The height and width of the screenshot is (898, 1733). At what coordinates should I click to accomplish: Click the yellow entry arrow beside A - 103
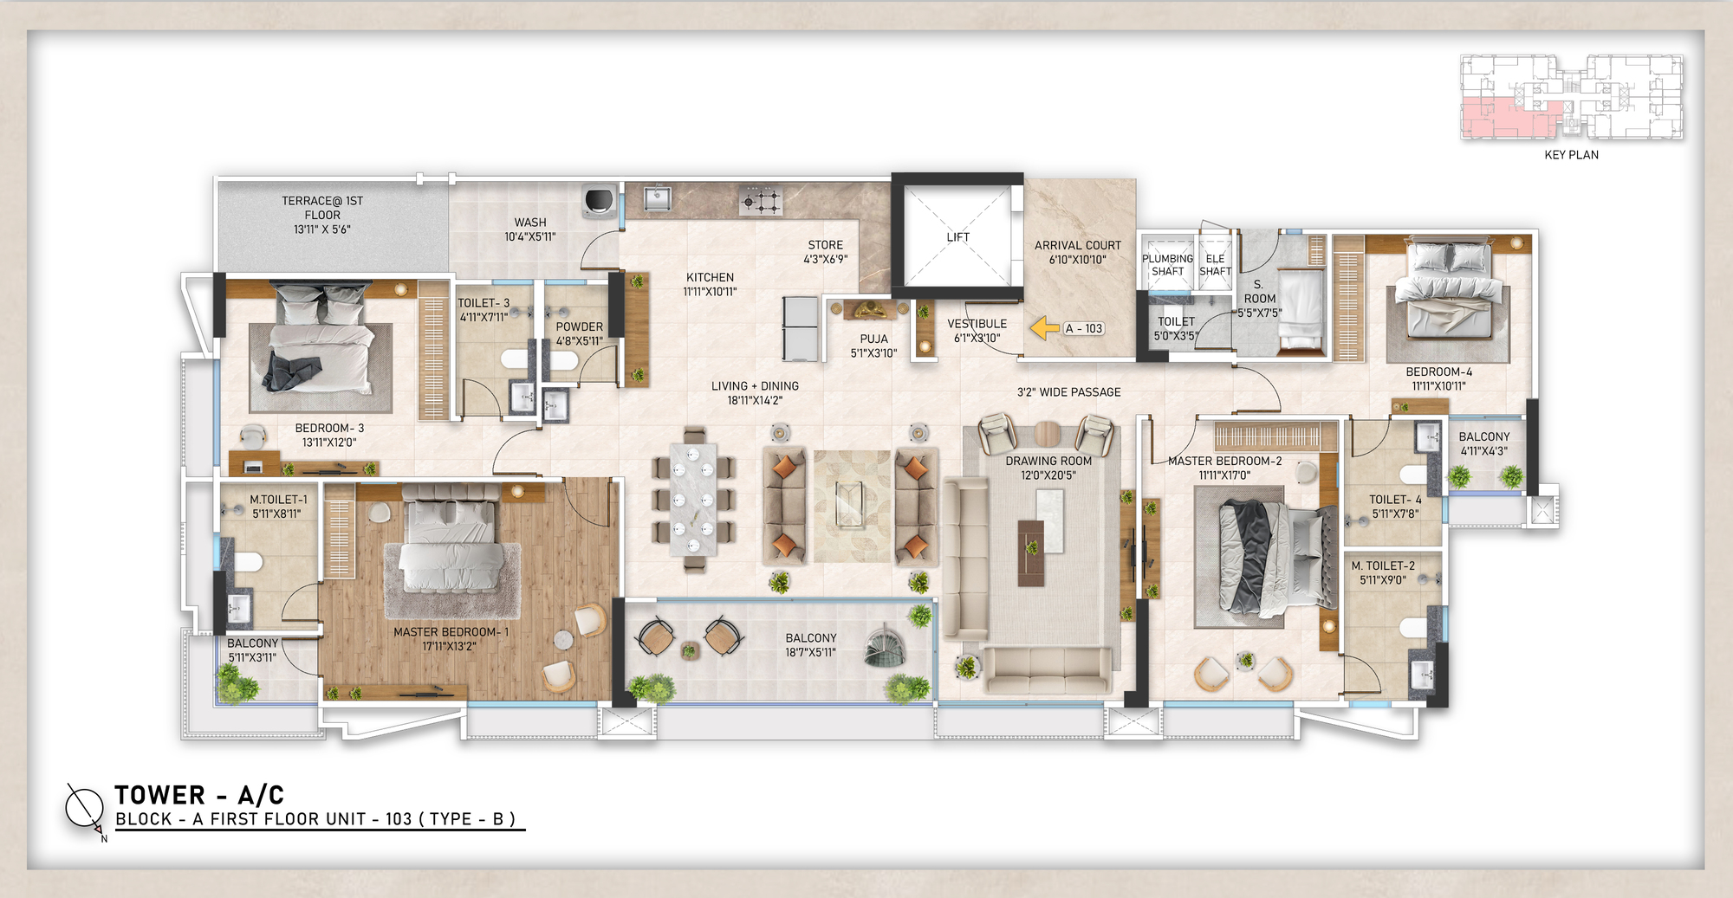[x=1045, y=328]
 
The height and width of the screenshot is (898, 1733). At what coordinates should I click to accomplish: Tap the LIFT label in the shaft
[x=957, y=237]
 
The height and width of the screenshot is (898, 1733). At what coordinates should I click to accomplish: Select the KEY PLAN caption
[x=1571, y=155]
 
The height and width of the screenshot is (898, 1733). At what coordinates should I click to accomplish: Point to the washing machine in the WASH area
[x=599, y=201]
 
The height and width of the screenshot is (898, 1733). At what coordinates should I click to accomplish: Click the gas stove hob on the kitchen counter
[x=761, y=201]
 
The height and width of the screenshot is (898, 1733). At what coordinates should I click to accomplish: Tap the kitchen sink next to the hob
[x=658, y=199]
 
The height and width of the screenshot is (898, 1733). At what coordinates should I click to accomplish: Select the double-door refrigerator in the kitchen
[x=800, y=329]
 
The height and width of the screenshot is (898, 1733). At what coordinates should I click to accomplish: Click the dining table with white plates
[x=693, y=499]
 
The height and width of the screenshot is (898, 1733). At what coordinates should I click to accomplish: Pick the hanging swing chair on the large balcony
[x=885, y=648]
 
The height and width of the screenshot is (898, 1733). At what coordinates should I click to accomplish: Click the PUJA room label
[x=873, y=339]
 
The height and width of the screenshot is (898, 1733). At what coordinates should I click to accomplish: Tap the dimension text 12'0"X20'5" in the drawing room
[x=1048, y=475]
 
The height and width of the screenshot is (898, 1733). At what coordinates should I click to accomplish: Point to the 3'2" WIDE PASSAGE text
[x=1068, y=392]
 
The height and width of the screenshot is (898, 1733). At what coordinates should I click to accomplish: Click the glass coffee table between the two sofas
[x=848, y=505]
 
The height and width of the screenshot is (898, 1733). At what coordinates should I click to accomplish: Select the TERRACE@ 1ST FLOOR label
[x=322, y=208]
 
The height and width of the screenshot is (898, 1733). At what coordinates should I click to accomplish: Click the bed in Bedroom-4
[x=1449, y=291]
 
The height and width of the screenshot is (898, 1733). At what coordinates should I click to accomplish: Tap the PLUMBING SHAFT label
[x=1167, y=265]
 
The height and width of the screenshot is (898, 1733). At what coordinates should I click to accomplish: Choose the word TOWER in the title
[x=160, y=795]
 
